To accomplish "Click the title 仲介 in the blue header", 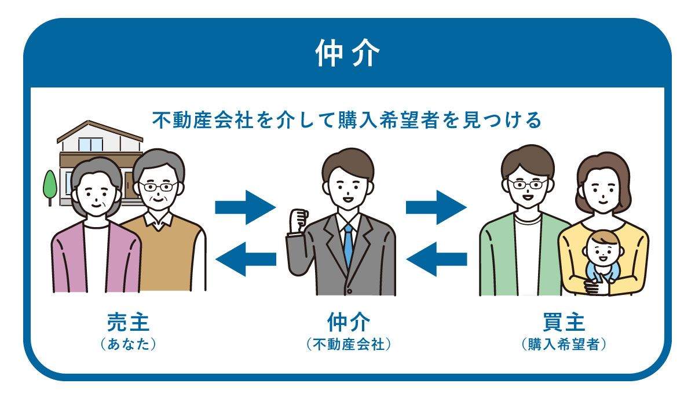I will tap(348, 54).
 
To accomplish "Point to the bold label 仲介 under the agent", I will tap(348, 322).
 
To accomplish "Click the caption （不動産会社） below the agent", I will tap(348, 344).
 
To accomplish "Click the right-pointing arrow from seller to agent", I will tap(245, 206).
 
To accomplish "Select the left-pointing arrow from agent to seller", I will tap(245, 255).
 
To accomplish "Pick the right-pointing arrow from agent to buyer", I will tap(436, 206).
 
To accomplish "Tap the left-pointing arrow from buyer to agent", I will tap(436, 255).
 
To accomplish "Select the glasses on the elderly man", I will tap(158, 187).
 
